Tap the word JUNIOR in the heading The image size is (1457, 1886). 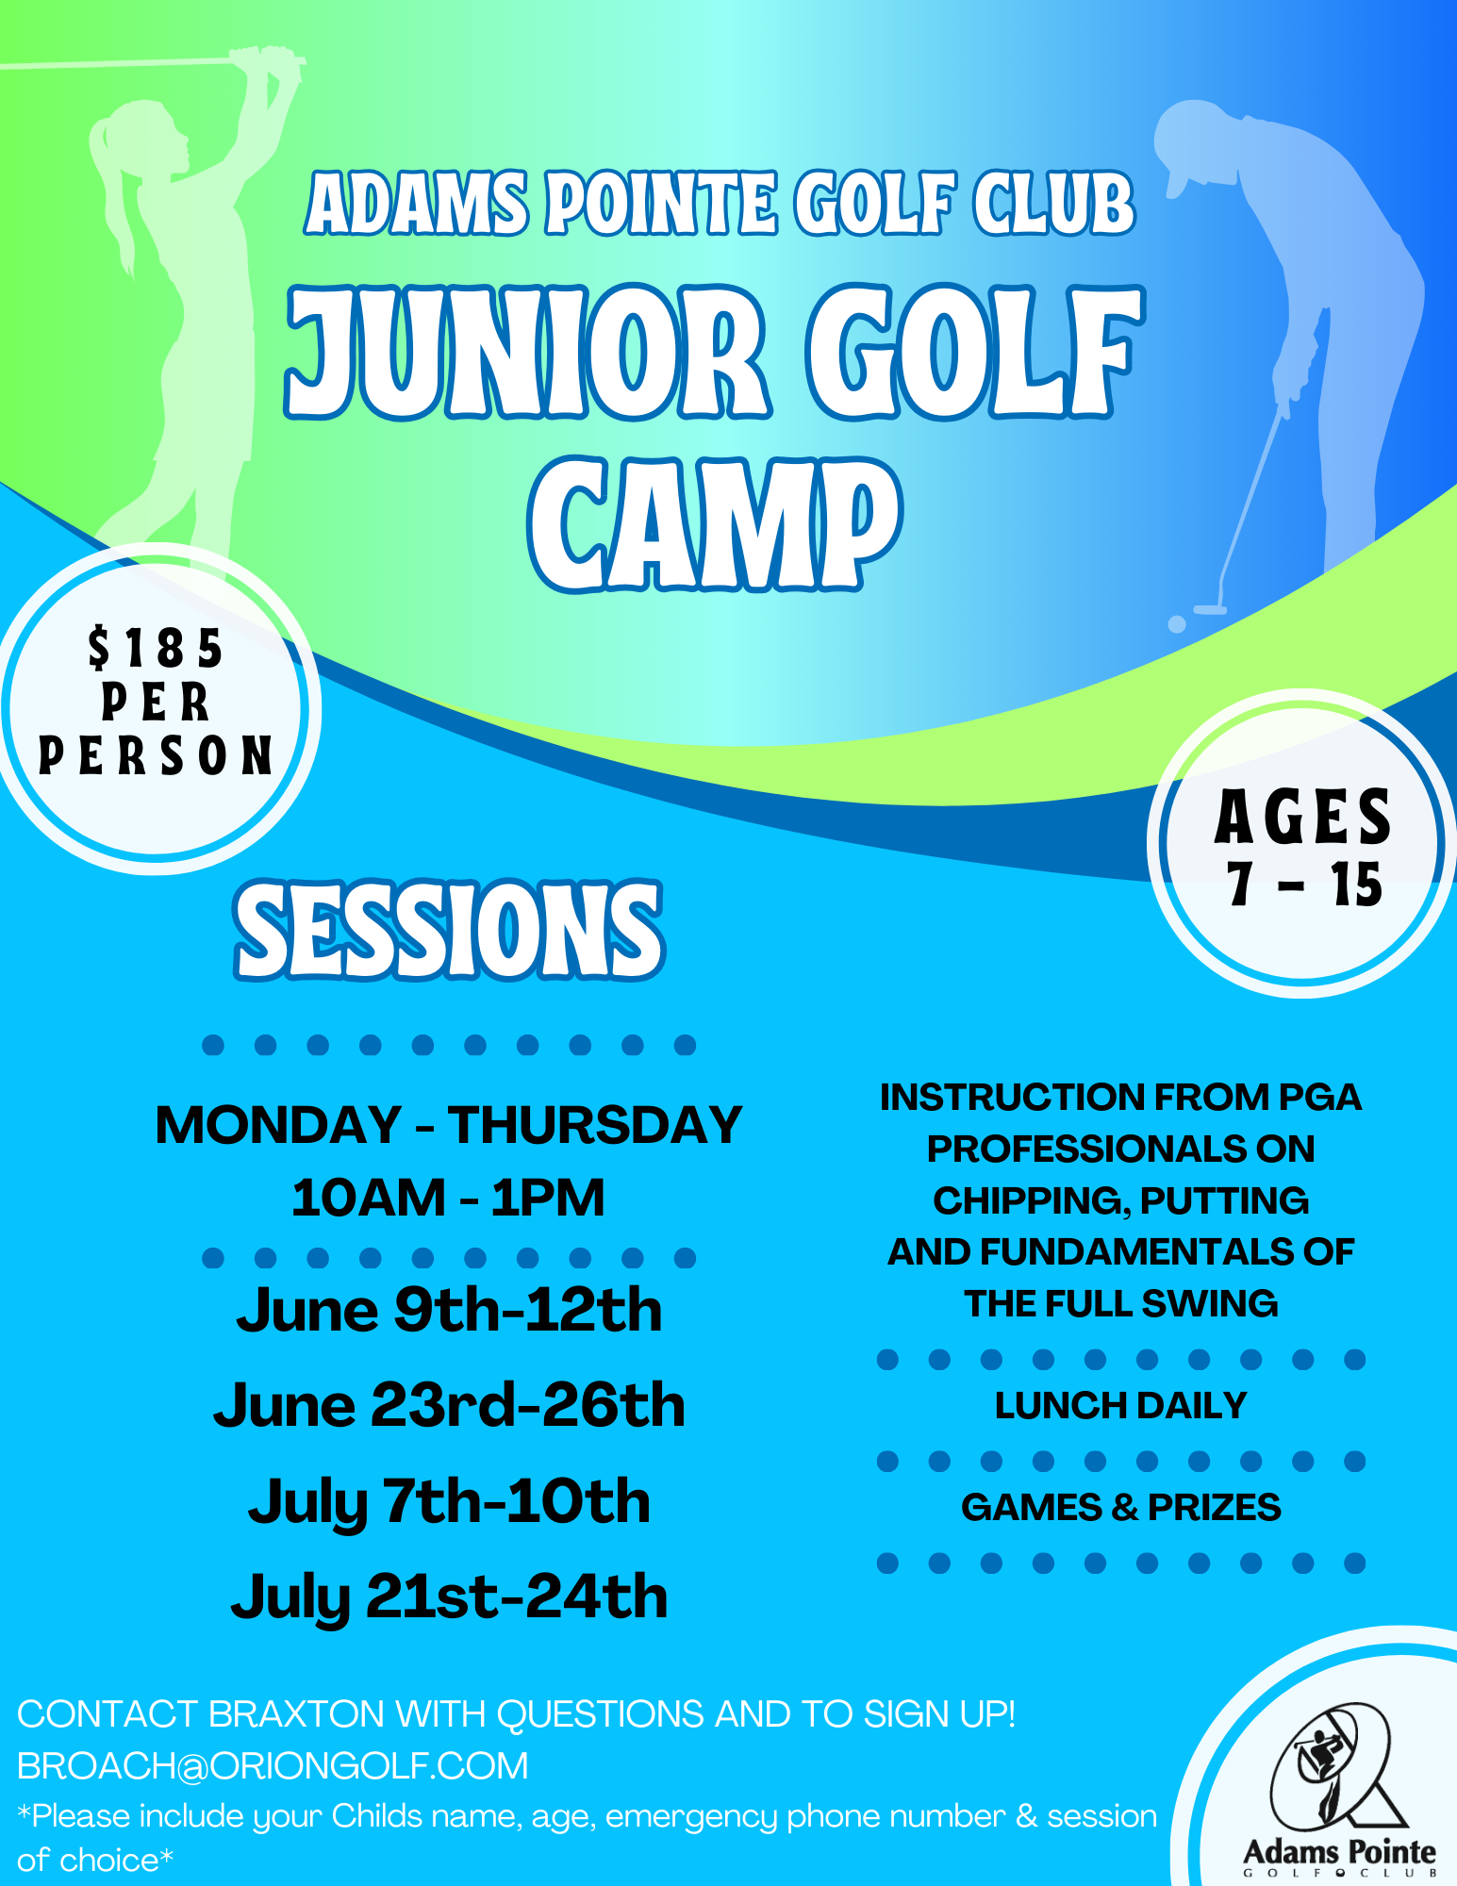528,352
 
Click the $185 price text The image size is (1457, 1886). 156,649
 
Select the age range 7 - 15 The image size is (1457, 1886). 1304,885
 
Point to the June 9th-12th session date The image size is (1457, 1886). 449,1310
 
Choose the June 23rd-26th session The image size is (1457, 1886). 449,1405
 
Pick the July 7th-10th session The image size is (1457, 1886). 449,1501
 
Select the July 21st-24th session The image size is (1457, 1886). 449,1596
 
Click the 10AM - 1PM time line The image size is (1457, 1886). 448,1198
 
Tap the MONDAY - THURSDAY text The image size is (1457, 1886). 449,1125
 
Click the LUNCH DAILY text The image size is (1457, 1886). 1120,1405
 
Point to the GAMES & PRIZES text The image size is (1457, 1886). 1120,1507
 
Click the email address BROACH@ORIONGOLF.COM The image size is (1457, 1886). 273,1765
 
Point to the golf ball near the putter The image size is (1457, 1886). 1177,624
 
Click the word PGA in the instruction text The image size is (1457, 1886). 1319,1097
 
